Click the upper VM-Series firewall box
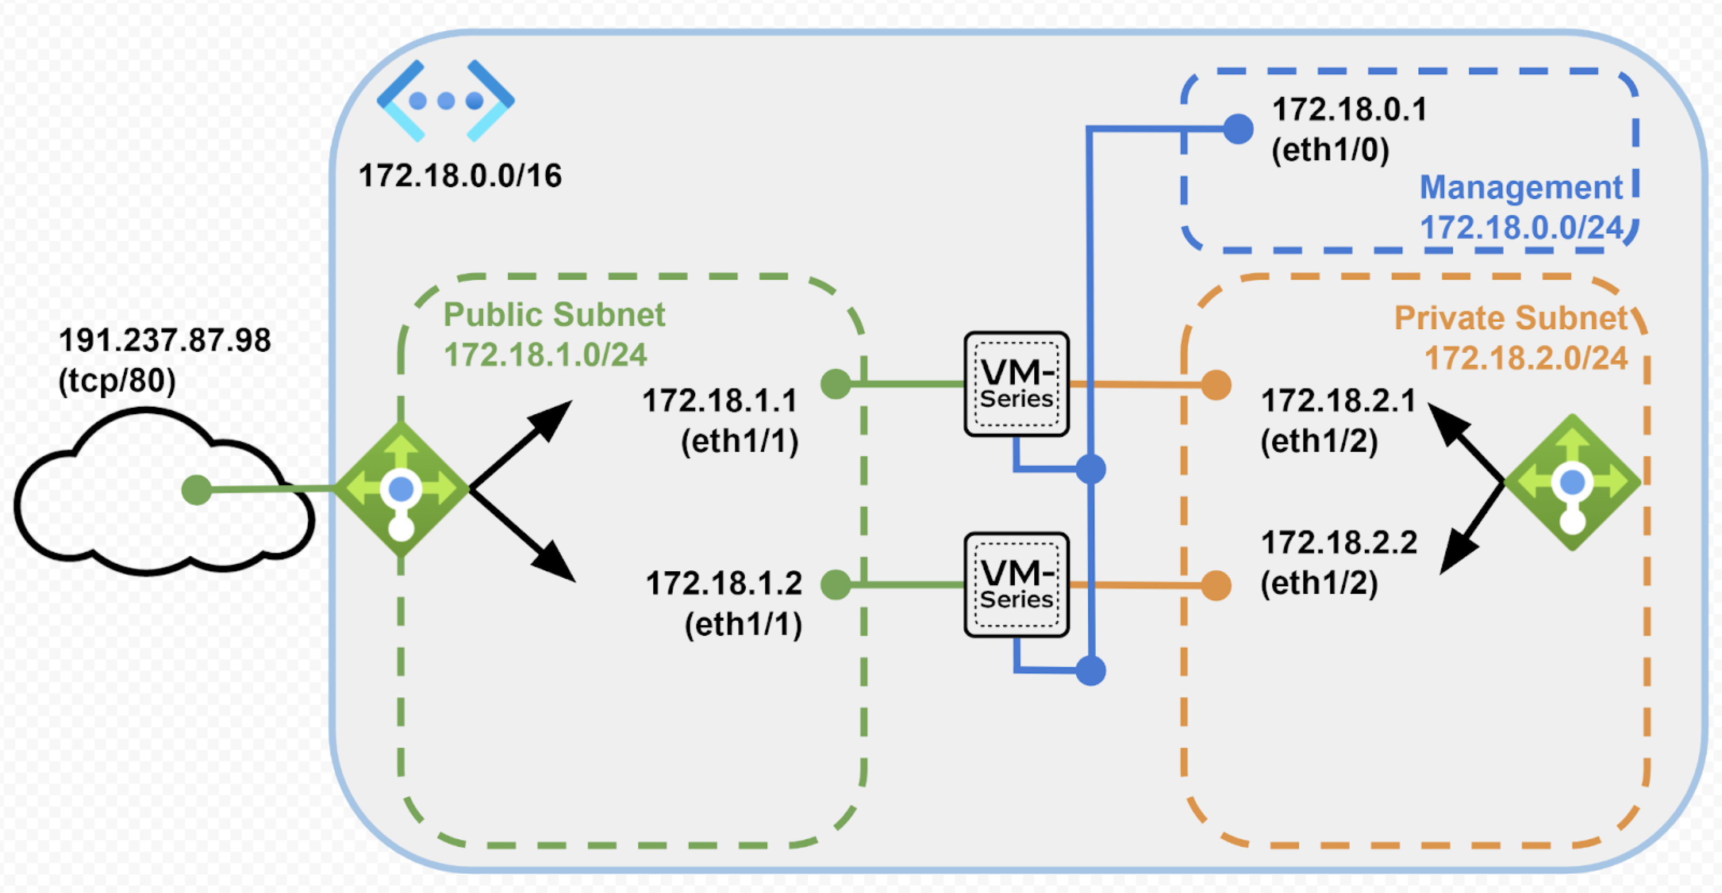tap(1016, 384)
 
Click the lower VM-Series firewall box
tap(1016, 585)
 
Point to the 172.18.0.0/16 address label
tap(460, 176)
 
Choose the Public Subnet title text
tap(554, 314)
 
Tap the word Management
tap(1521, 187)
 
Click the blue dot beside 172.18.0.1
tap(1238, 129)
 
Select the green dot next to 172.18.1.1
tap(836, 384)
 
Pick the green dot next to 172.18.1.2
tap(836, 585)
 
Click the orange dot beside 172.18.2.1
tap(1216, 385)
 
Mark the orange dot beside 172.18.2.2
tap(1216, 585)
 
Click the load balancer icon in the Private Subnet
tap(1572, 482)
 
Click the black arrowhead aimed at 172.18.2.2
tap(1457, 555)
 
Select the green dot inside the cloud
tap(196, 490)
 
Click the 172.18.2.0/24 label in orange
tap(1526, 359)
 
